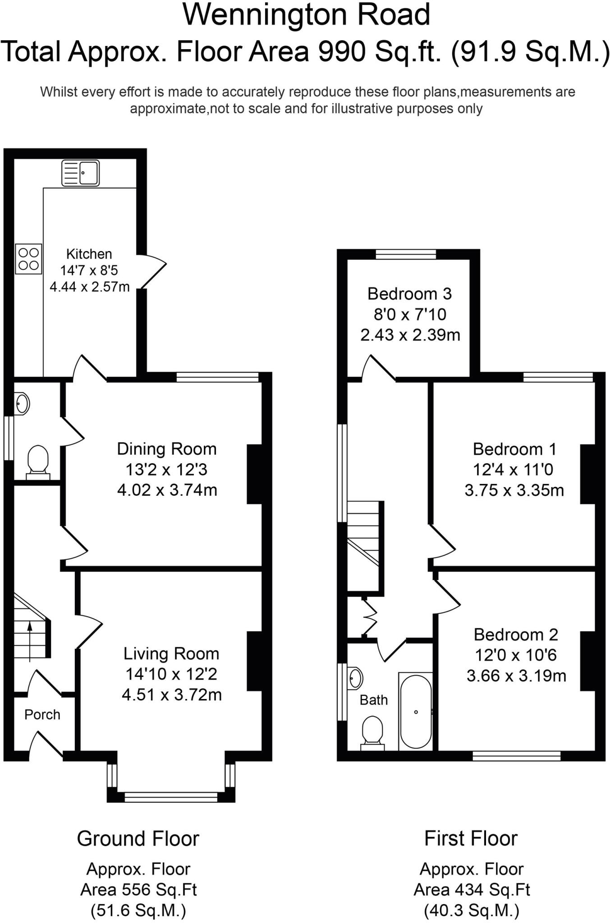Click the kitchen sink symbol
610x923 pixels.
click(80, 173)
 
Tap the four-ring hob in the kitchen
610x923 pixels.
click(28, 259)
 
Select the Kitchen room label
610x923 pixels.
click(89, 254)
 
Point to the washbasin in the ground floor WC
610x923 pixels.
click(22, 403)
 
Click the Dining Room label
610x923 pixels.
click(167, 449)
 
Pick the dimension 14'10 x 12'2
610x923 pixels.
click(171, 674)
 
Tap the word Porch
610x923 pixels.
click(42, 714)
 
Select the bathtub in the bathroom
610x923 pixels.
click(416, 711)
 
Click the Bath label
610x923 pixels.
click(373, 700)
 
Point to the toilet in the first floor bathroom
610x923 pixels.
click(372, 731)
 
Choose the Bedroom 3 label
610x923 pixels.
click(409, 294)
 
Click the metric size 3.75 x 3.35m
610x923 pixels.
click(514, 490)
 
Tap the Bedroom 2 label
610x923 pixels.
click(516, 635)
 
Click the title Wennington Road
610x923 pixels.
click(306, 14)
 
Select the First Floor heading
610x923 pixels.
click(471, 839)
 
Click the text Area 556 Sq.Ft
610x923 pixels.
click(138, 890)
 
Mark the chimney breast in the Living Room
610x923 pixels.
click(254, 661)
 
